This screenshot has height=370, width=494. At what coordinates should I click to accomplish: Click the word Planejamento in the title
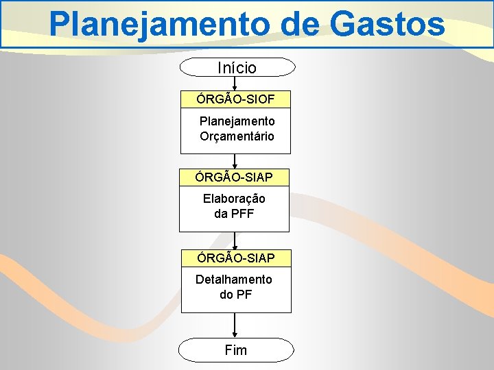[159, 25]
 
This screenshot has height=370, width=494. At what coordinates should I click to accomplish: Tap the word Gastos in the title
[388, 25]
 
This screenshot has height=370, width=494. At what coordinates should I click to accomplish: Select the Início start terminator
[237, 67]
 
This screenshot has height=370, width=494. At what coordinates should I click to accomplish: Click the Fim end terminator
[235, 350]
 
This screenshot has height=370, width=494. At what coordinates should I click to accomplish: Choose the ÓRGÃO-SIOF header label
[236, 99]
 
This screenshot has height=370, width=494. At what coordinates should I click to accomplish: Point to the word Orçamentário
[237, 136]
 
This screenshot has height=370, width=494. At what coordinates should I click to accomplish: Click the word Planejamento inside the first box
[237, 121]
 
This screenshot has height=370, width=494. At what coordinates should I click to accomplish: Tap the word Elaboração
[234, 199]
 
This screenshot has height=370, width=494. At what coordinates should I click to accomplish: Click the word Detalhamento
[234, 280]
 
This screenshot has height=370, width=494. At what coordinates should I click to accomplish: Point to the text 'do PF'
[235, 295]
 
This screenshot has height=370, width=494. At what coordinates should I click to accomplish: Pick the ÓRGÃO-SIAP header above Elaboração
[234, 177]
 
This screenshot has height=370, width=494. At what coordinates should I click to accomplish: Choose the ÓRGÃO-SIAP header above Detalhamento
[235, 258]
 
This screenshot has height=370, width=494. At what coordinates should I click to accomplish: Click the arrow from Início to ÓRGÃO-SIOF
[236, 83]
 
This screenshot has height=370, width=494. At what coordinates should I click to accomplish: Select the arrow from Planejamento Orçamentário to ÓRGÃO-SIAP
[235, 161]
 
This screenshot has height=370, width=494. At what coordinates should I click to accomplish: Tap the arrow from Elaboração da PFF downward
[235, 241]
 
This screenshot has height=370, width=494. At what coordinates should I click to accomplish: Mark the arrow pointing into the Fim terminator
[235, 325]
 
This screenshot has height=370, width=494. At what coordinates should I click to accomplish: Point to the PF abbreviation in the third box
[244, 295]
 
